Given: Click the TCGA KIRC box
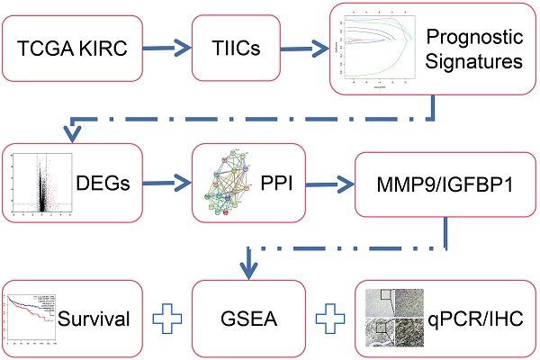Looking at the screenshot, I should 71,46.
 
